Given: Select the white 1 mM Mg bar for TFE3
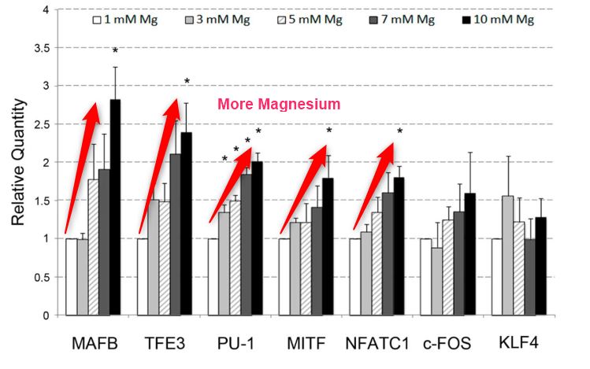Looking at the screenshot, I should coord(143,276).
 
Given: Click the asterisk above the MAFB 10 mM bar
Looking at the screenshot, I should coord(115,51).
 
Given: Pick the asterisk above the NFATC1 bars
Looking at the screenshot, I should coord(399,131).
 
